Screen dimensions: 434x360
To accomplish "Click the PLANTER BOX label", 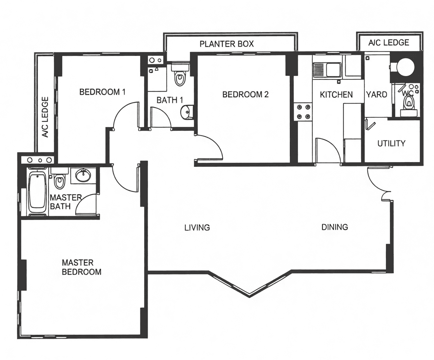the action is point(226,44).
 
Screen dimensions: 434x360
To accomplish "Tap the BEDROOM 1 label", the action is point(102,92).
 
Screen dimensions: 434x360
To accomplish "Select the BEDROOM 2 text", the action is point(246,95).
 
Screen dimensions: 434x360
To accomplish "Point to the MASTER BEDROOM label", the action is point(81,267).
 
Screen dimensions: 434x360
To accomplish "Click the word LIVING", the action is point(197,228).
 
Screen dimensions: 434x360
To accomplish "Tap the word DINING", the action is point(335,227).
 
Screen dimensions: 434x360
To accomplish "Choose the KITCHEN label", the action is point(336,95).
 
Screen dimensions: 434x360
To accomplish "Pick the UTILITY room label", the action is point(391,143).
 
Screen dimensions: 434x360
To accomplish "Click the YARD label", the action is point(376,95).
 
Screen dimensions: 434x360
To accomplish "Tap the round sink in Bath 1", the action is point(186,112).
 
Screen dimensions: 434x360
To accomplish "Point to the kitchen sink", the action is point(327,70).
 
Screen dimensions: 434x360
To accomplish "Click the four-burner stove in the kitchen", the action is point(303,112).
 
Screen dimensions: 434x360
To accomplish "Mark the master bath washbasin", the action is point(83,175).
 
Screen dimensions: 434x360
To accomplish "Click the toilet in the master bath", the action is point(59,178).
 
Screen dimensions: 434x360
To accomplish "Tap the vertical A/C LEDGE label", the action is point(45,117).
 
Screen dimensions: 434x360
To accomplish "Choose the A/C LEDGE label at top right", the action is point(389,42).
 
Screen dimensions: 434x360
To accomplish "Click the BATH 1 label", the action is point(170,100).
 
